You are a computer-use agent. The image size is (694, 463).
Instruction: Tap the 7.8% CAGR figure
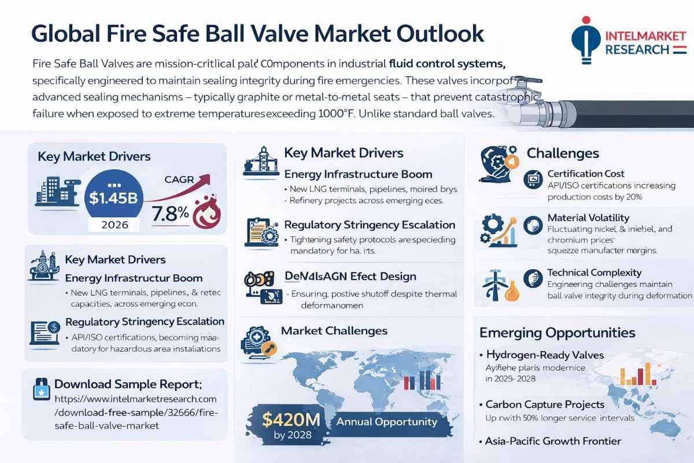click(x=169, y=213)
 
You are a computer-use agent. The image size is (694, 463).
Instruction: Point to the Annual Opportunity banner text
click(x=386, y=422)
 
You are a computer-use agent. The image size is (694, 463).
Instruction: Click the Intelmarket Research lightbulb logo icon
click(x=584, y=40)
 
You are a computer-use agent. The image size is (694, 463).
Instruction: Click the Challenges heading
click(x=563, y=153)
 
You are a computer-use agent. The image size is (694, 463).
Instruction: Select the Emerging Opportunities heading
click(x=557, y=333)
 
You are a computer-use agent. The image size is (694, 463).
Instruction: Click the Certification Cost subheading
click(x=586, y=174)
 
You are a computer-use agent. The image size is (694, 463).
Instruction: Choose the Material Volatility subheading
click(x=588, y=218)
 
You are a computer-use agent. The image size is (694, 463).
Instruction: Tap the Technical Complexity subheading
click(x=594, y=272)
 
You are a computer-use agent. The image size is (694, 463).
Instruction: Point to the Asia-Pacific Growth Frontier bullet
click(x=553, y=441)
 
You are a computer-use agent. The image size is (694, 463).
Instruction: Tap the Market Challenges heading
click(x=334, y=331)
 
